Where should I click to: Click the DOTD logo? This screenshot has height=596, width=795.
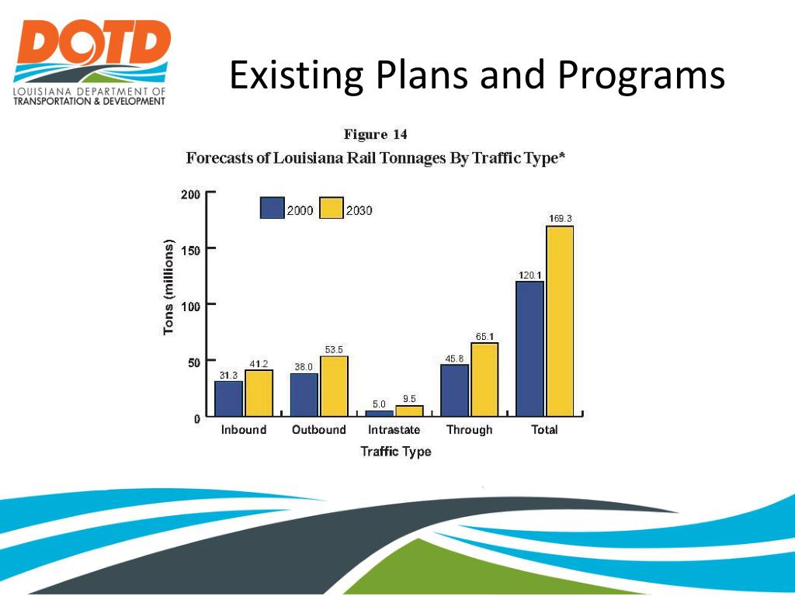[91, 62]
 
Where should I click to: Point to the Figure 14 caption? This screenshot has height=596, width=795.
[376, 135]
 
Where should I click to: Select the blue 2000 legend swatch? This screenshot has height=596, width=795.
[272, 208]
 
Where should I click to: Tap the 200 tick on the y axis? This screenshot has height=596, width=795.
[190, 194]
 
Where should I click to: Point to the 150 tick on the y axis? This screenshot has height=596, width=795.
[190, 250]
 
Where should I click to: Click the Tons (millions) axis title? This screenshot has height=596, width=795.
[168, 286]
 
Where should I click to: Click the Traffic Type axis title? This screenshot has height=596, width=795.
[395, 451]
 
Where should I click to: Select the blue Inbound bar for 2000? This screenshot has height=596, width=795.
[229, 399]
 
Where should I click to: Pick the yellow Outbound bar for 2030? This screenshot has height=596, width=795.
[334, 386]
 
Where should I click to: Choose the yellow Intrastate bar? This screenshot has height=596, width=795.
[409, 411]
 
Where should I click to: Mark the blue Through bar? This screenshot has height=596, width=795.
[455, 390]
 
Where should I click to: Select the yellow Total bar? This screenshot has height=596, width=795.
[560, 321]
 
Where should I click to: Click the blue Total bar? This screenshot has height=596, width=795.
[530, 348]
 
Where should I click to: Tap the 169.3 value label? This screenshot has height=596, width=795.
[560, 219]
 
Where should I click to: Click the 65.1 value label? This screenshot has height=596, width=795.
[484, 336]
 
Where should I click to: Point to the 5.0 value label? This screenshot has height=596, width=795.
[379, 404]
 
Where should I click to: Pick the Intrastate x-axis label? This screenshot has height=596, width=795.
[394, 430]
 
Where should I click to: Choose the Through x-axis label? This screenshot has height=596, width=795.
[469, 430]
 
